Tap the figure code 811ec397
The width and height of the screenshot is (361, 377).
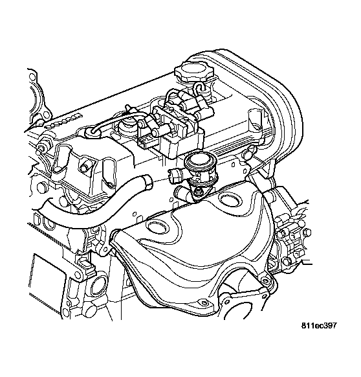click(x=319, y=326)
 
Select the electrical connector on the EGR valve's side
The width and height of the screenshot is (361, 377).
click(x=175, y=176)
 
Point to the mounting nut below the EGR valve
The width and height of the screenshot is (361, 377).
click(x=199, y=191)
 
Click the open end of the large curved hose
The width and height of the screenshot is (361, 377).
click(x=147, y=181)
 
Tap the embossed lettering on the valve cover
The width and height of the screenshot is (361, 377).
click(x=63, y=121)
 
